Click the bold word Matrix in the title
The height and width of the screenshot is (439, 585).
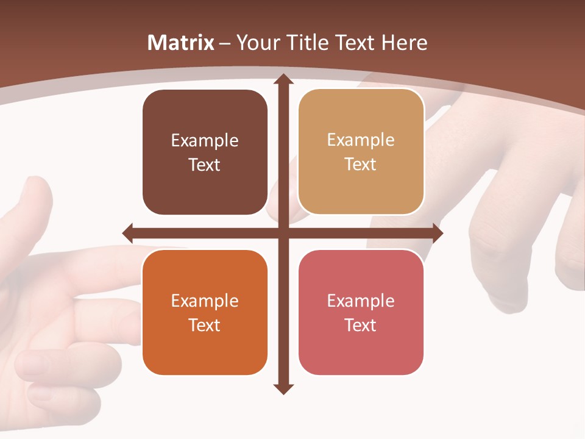(181, 43)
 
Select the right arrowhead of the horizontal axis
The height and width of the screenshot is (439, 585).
(437, 233)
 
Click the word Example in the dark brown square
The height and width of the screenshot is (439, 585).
(205, 141)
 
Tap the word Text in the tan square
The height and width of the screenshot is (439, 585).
(361, 165)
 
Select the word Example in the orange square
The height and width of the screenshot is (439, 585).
(205, 301)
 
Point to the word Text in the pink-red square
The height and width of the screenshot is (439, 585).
(361, 325)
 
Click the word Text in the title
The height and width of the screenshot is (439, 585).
(354, 43)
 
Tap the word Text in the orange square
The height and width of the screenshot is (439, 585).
(205, 325)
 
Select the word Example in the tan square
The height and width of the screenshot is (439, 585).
(361, 140)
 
